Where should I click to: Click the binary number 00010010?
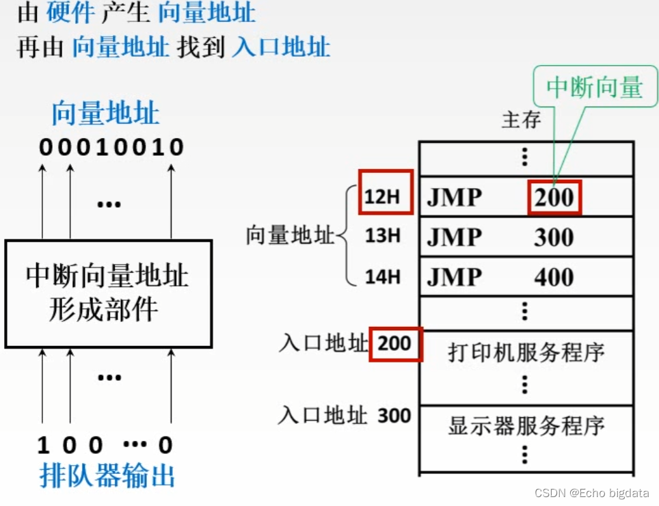[111, 147]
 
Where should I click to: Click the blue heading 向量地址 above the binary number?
[106, 114]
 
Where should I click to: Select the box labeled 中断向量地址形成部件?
[108, 293]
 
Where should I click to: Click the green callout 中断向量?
[595, 88]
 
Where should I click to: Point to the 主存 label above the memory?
[521, 121]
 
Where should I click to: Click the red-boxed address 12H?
[384, 197]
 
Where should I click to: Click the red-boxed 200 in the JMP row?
[554, 198]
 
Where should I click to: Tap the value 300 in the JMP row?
[554, 237]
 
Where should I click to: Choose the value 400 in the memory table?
[554, 277]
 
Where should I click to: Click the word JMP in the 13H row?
[455, 237]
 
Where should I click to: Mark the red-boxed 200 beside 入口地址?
[394, 343]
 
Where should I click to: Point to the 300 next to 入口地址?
[394, 416]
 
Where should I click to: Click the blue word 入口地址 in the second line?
[281, 47]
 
